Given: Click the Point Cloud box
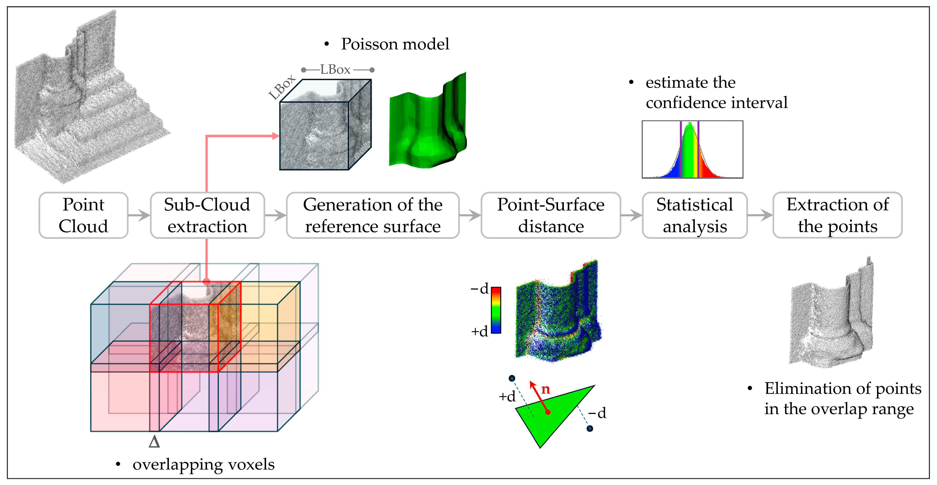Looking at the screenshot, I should (x=83, y=215).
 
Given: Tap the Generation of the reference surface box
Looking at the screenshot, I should (x=373, y=215).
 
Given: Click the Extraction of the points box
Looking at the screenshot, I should (x=837, y=215).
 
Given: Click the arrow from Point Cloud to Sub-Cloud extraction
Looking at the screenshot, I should (x=139, y=215).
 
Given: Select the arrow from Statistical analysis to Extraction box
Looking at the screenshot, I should (x=760, y=215).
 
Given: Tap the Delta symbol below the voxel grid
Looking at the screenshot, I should (x=154, y=442).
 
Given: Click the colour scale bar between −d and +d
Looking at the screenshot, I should (x=496, y=310).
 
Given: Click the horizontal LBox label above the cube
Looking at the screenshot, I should (x=335, y=70).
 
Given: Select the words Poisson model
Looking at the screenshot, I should (x=395, y=44).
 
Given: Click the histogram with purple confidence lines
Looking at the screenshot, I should (x=692, y=150).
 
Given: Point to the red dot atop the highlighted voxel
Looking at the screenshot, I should (x=207, y=281).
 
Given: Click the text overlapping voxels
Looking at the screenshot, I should (x=203, y=465).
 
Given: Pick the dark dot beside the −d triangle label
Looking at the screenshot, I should (x=590, y=429).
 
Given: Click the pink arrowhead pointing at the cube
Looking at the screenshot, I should (x=276, y=136).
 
